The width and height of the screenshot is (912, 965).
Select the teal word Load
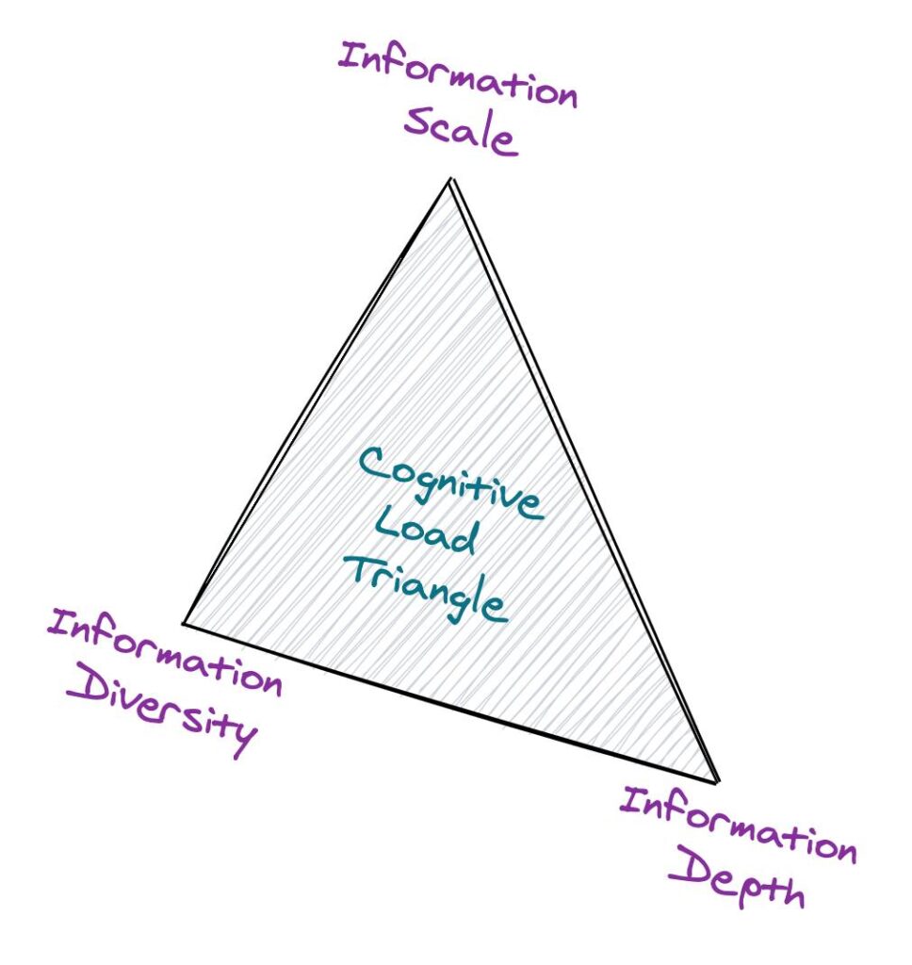(425, 533)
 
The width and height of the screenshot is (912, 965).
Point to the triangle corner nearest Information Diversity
(184, 623)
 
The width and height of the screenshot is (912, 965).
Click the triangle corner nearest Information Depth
(716, 780)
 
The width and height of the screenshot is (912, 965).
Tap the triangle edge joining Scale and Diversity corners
(318, 400)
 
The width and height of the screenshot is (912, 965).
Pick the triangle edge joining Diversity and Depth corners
(450, 702)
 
